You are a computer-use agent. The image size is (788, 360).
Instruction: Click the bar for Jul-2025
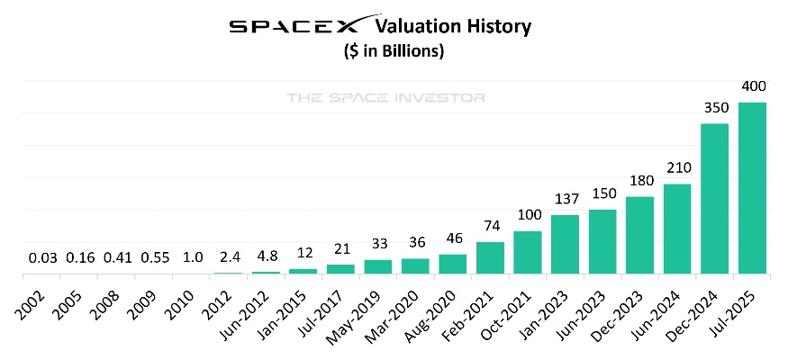coord(752,187)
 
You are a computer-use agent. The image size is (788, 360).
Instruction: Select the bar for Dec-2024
coord(714,198)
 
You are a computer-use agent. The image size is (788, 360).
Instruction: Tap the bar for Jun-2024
coord(677,229)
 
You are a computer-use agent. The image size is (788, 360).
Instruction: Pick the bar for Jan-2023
coord(565,244)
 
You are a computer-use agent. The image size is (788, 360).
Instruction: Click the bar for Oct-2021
coord(528,252)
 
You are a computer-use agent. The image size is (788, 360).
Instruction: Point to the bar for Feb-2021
coord(490,257)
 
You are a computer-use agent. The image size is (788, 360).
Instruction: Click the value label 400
coord(752,87)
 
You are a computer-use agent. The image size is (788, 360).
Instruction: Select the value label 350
coord(714,108)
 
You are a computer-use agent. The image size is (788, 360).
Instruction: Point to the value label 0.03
coord(41,258)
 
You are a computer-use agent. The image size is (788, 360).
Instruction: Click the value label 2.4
coord(228,258)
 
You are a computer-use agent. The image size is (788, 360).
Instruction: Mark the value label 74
coord(490,227)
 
